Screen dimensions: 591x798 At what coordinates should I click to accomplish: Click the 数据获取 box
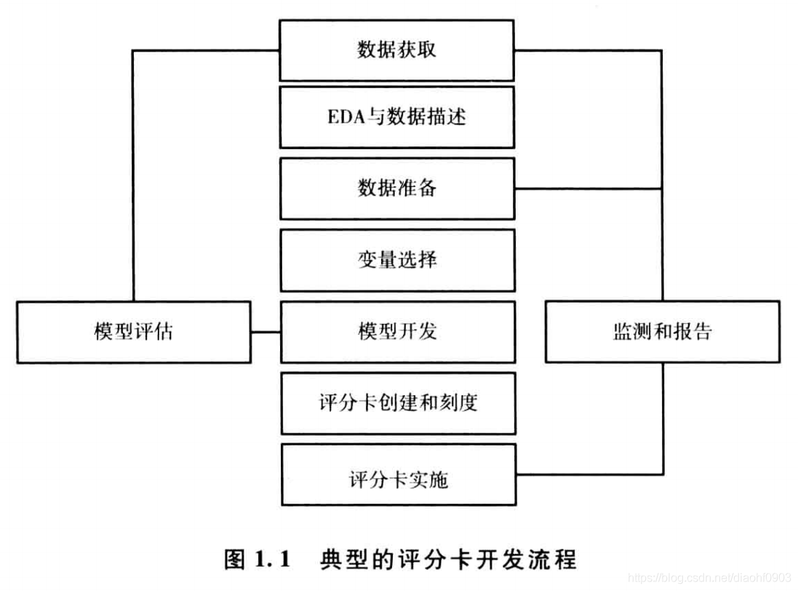pyautogui.click(x=397, y=49)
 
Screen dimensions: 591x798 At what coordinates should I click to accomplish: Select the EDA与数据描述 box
pyautogui.click(x=397, y=117)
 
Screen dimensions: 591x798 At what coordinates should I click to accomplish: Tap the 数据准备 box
pyautogui.click(x=397, y=189)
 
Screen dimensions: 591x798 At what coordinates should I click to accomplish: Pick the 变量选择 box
pyautogui.click(x=397, y=260)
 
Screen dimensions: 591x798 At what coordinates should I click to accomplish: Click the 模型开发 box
pyautogui.click(x=397, y=332)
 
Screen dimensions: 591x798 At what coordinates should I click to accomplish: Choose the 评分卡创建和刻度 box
pyautogui.click(x=397, y=403)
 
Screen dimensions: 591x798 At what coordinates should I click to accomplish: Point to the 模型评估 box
pyautogui.click(x=134, y=332)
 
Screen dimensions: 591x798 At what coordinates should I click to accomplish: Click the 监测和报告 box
pyautogui.click(x=662, y=332)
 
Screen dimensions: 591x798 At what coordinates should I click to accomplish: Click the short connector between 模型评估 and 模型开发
pyautogui.click(x=266, y=333)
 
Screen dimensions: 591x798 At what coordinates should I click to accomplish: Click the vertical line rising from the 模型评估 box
pyautogui.click(x=133, y=175)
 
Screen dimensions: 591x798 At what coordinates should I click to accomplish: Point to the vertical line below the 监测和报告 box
pyautogui.click(x=663, y=419)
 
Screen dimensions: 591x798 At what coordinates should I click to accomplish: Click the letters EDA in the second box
pyautogui.click(x=343, y=117)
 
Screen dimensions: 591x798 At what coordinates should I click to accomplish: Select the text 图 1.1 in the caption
pyautogui.click(x=258, y=560)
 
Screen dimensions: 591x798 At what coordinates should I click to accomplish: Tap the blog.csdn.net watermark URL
pyautogui.click(x=709, y=577)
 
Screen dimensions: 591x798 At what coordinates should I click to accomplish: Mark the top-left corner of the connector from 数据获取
pyautogui.click(x=133, y=50)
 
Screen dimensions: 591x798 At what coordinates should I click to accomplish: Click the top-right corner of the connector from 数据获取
pyautogui.click(x=663, y=50)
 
